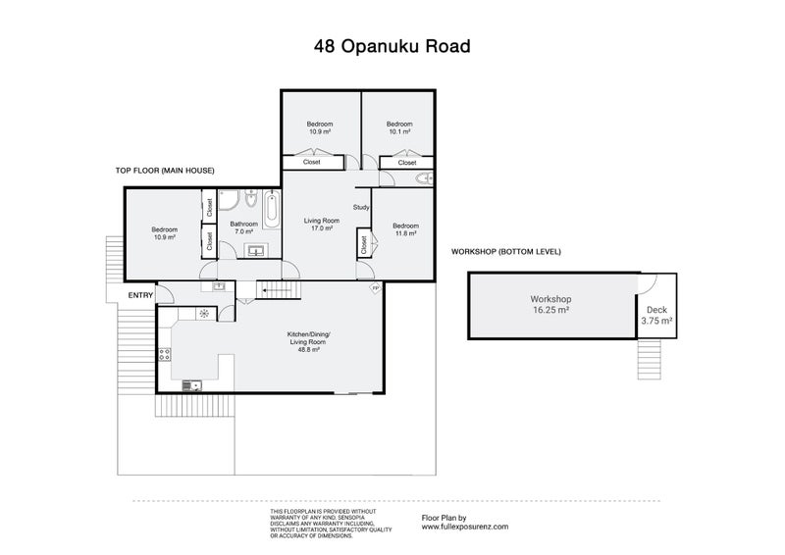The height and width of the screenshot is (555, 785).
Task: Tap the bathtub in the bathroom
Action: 273,208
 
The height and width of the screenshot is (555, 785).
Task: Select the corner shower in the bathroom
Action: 228,201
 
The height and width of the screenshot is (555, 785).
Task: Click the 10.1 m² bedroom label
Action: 398,127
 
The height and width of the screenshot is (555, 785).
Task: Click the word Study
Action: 361,207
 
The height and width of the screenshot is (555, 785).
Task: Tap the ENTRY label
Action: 141,294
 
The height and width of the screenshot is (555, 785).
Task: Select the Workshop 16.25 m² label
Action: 550,304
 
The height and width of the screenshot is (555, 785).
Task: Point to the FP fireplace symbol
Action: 374,288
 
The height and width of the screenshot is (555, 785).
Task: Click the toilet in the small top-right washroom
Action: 424,179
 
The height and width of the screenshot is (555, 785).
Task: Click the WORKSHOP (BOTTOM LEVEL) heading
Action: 505,252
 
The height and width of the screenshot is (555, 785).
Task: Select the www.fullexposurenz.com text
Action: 464,526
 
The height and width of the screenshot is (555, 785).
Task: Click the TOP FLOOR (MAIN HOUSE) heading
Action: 166,171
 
